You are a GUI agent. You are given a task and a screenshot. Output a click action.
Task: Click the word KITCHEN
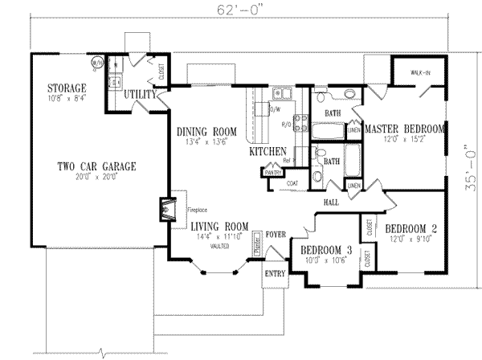[268, 151]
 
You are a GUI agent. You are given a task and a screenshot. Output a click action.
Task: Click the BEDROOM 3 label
[326, 249]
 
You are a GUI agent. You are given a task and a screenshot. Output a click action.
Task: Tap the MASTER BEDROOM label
[405, 129]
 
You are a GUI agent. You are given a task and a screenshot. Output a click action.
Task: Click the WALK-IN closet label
[422, 73]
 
